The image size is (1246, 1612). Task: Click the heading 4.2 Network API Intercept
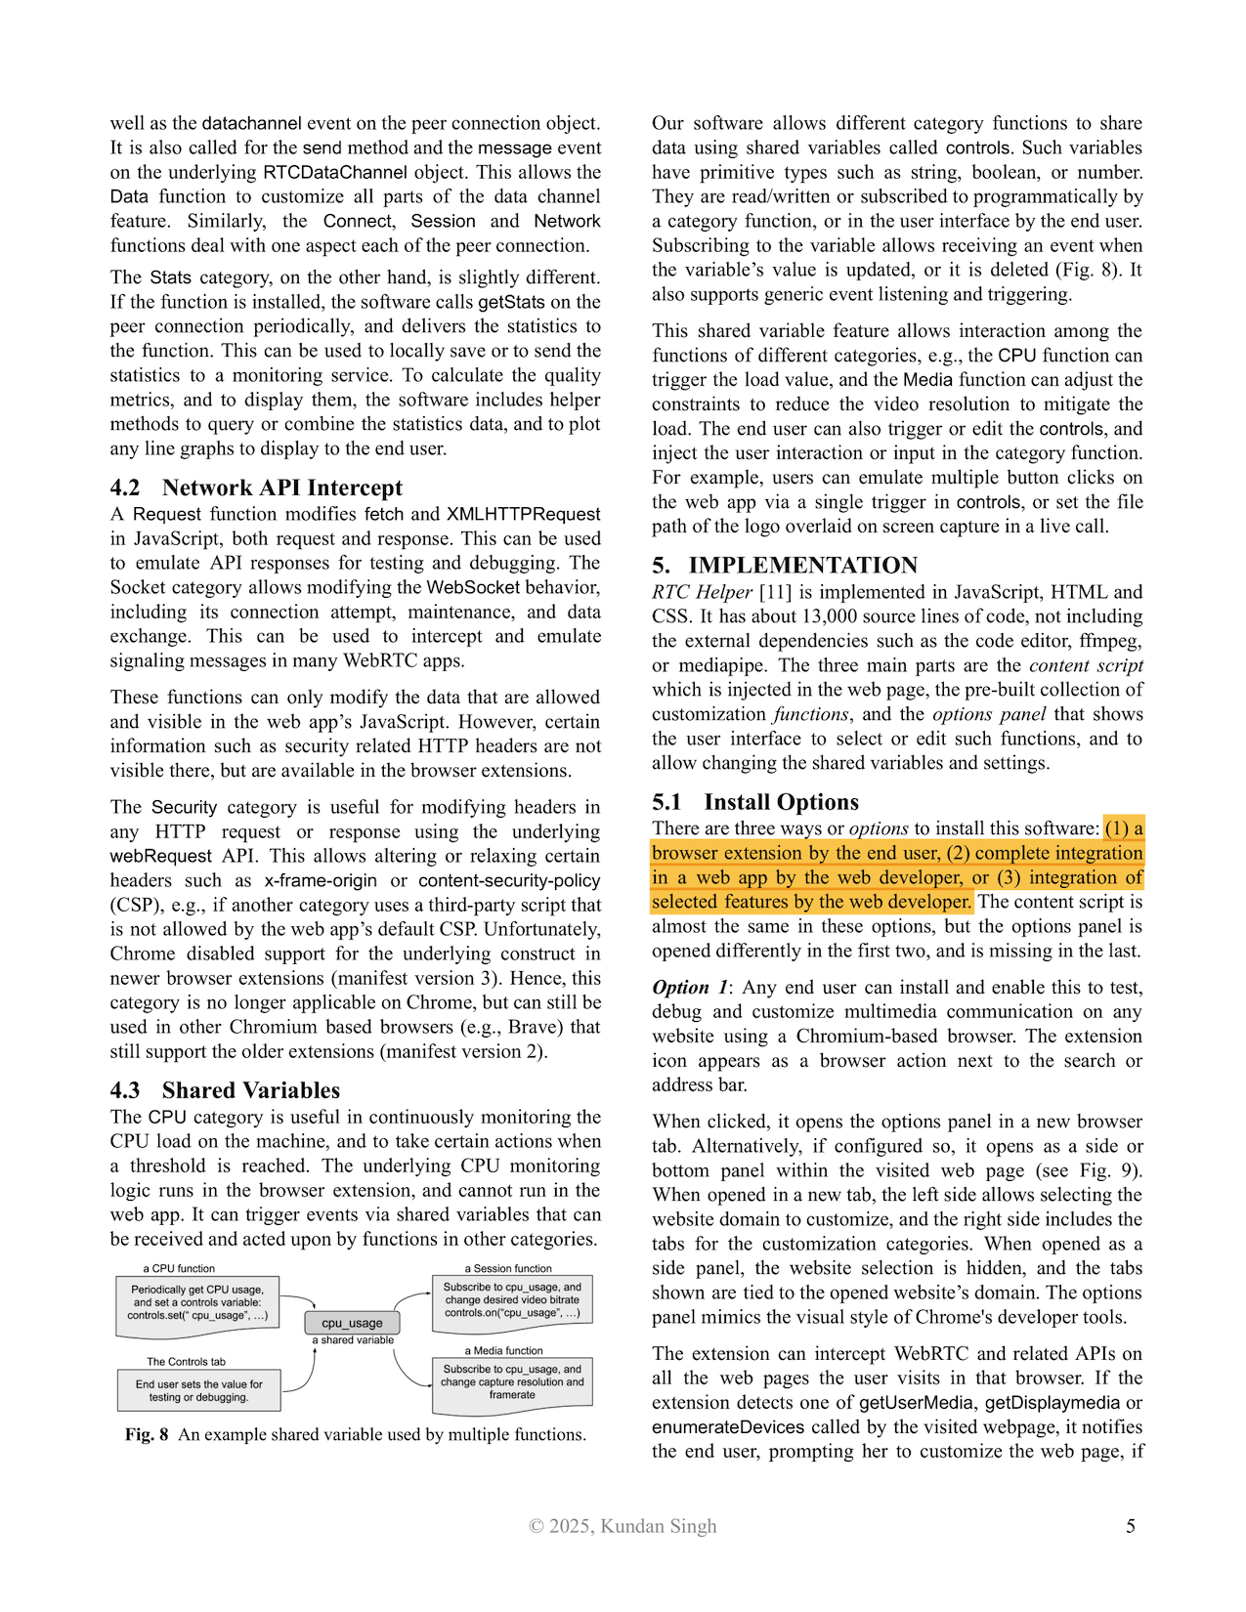tap(256, 488)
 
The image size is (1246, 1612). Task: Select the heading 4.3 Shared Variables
tap(225, 1090)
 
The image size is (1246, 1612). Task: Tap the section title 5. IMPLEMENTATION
tap(785, 566)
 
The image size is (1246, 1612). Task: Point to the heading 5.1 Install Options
tap(755, 802)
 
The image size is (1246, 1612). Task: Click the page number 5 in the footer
tap(1131, 1526)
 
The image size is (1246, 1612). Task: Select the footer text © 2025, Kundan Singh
tap(623, 1526)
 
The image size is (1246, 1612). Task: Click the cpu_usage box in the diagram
tap(352, 1323)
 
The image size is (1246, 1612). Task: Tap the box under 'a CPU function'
tap(197, 1302)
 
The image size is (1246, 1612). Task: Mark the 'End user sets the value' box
tap(199, 1390)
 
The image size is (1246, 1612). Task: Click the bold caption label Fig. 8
tap(147, 1434)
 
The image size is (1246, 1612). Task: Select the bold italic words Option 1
tap(690, 988)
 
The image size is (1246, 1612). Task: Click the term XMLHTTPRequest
tap(524, 514)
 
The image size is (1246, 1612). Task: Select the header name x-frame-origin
tap(321, 880)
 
